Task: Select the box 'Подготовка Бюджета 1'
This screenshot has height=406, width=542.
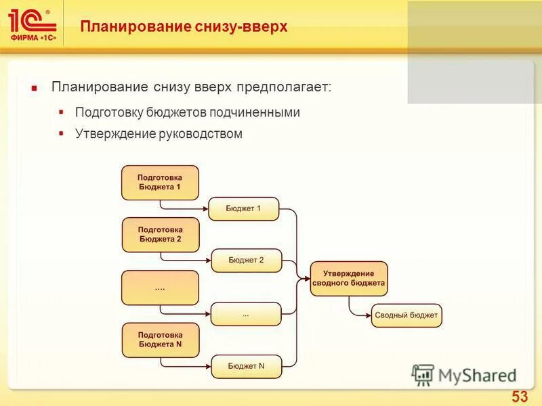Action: click(x=160, y=182)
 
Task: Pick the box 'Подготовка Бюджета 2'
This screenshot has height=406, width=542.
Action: click(x=160, y=234)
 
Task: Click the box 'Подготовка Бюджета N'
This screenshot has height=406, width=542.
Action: click(x=160, y=340)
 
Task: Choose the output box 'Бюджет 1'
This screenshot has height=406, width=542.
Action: click(x=243, y=208)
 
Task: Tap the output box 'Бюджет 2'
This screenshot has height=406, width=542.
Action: click(x=246, y=261)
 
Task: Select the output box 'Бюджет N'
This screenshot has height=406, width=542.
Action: click(x=246, y=366)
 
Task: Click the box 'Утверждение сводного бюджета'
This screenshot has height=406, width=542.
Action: click(x=348, y=278)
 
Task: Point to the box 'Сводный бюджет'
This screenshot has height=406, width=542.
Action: click(x=406, y=315)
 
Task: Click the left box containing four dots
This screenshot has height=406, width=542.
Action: click(x=160, y=288)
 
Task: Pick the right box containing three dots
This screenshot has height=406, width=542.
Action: click(x=245, y=314)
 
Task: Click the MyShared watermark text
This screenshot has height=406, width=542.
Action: click(x=477, y=375)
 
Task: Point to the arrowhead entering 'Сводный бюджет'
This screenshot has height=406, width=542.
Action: click(x=369, y=315)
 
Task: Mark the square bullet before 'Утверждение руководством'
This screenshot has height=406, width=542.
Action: click(x=61, y=133)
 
